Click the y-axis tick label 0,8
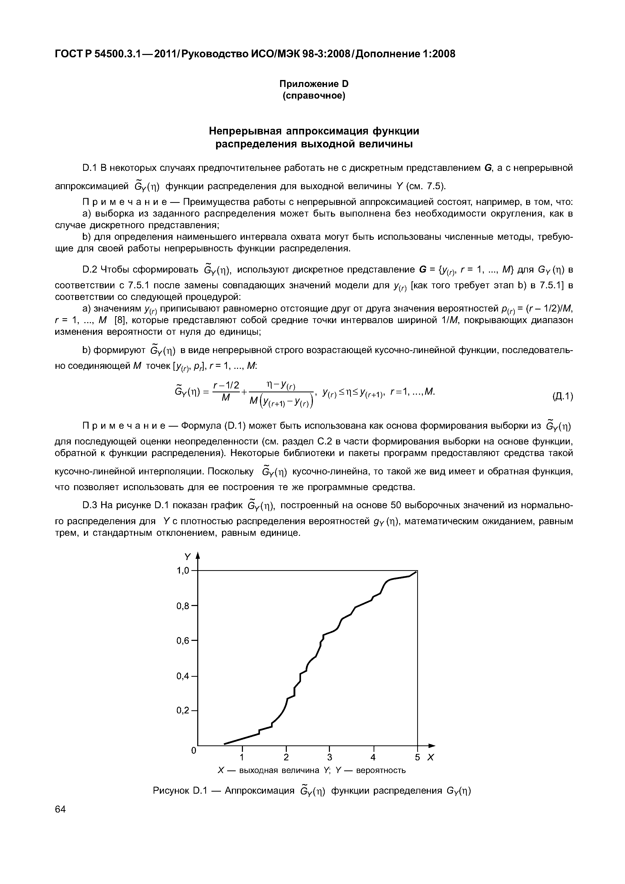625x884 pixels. [183, 606]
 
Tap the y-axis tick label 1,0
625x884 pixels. [183, 571]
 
